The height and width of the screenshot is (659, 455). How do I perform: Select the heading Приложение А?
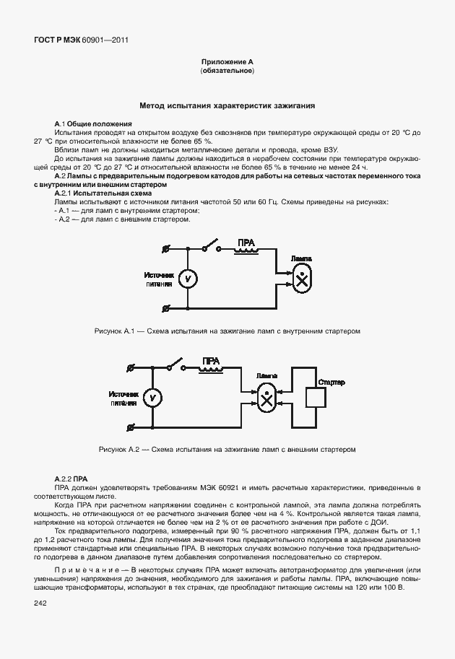pyautogui.click(x=227, y=63)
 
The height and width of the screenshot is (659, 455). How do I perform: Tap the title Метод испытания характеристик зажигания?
pyautogui.click(x=227, y=105)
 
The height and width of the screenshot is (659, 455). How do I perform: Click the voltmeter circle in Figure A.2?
pyautogui.click(x=152, y=397)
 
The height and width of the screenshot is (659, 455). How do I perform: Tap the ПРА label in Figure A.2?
pyautogui.click(x=211, y=360)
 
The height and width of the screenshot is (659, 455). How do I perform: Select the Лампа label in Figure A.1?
pyautogui.click(x=301, y=258)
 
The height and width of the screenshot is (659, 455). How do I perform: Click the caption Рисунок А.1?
pyautogui.click(x=227, y=331)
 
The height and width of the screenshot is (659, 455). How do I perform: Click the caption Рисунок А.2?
pyautogui.click(x=227, y=449)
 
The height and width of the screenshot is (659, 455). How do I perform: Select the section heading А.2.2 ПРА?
pyautogui.click(x=71, y=479)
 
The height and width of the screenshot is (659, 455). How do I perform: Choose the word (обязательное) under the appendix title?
pyautogui.click(x=227, y=71)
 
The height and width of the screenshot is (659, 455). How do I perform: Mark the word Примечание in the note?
pyautogui.click(x=85, y=569)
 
